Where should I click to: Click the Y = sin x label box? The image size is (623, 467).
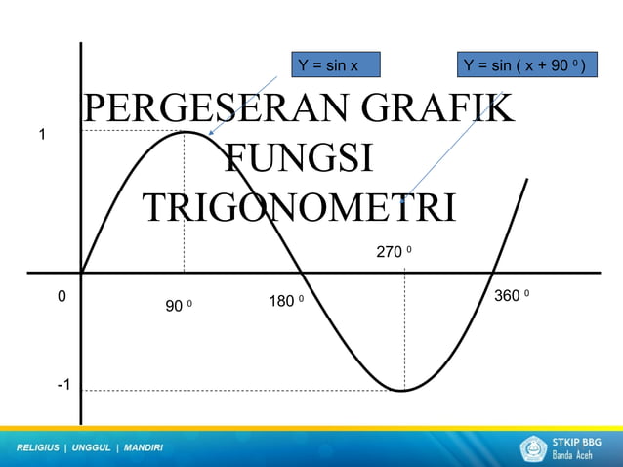pos(335,65)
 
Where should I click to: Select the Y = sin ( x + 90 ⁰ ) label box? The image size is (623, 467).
pos(525,65)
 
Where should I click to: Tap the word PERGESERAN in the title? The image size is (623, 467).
pos(214,110)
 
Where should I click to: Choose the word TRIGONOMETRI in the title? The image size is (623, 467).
pos(299,208)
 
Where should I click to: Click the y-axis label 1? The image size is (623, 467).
pos(41,134)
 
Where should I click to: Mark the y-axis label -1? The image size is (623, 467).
pos(62,386)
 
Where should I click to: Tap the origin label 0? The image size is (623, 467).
pos(61,296)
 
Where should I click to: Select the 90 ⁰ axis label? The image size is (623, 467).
pos(178,307)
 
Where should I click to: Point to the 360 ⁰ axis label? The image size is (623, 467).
pos(512,295)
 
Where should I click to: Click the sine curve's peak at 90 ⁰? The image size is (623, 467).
pos(186,132)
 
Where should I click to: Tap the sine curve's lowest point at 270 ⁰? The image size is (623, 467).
pos(402,391)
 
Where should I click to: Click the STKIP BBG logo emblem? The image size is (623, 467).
pos(534,448)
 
